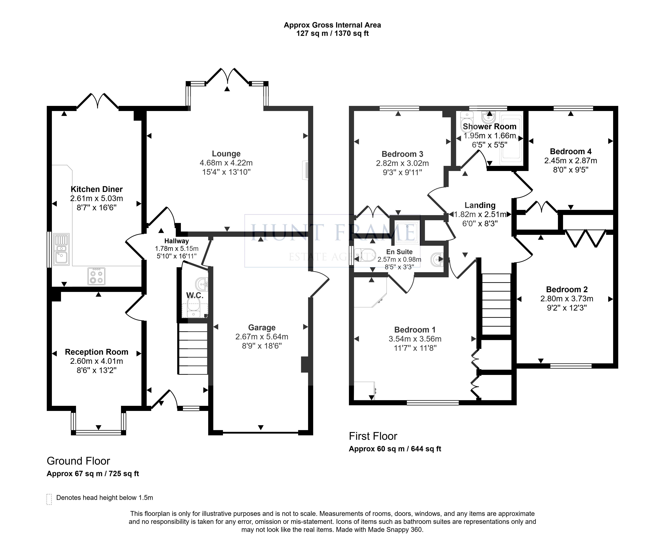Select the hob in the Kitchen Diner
(x=96, y=276)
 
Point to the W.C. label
(x=195, y=295)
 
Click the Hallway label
(x=176, y=241)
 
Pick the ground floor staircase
(x=193, y=349)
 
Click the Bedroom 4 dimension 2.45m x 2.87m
(x=571, y=161)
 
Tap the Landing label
(x=480, y=205)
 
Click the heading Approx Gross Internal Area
(x=332, y=25)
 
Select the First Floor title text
(x=373, y=436)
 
